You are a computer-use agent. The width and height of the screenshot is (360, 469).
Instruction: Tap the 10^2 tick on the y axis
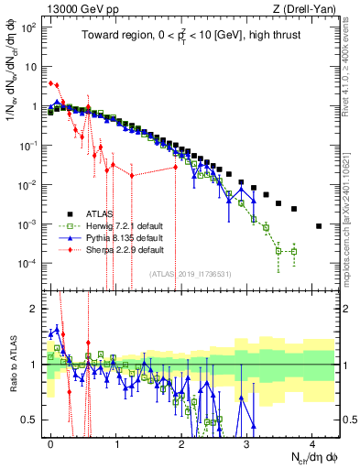pos(29,27)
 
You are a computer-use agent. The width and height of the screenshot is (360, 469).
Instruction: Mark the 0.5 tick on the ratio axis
pos(31,420)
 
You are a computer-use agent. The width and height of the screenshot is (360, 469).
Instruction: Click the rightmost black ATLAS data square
pos(318,226)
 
